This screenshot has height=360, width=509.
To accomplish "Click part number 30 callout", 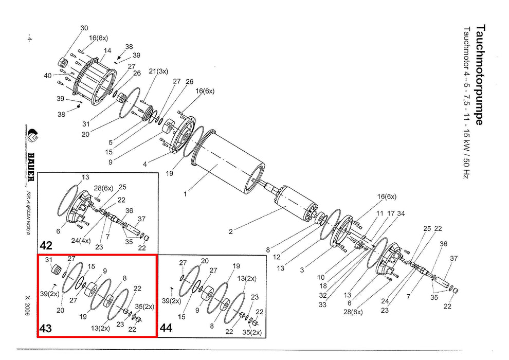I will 84,28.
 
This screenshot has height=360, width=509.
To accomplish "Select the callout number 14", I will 107,50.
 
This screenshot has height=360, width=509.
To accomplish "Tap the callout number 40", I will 47,75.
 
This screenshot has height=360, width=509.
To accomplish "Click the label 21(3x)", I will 158,71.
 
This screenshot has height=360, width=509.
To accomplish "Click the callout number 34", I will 401,213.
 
